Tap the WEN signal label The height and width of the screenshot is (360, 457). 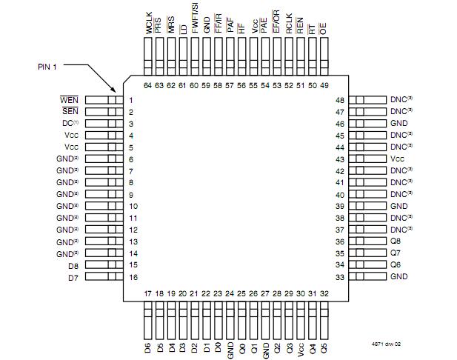click(x=69, y=100)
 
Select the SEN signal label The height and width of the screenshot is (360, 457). click(x=70, y=112)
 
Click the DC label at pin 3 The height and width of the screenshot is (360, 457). click(x=69, y=124)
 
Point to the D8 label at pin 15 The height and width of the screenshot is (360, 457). click(x=73, y=264)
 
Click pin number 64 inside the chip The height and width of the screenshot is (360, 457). click(x=148, y=86)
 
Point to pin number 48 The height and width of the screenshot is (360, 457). click(x=340, y=100)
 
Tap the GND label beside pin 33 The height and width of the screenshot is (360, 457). click(x=398, y=276)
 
